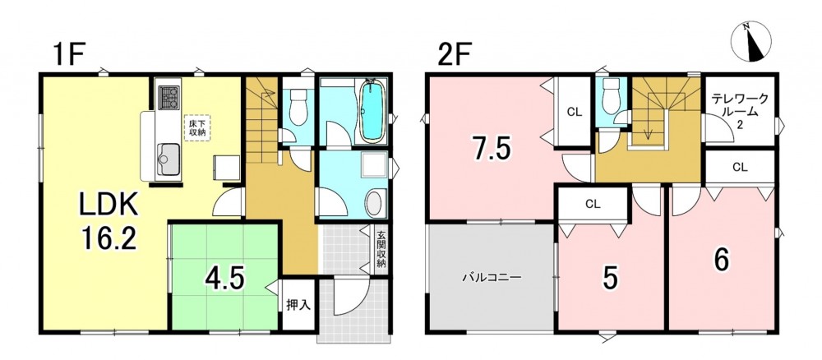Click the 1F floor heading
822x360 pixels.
click(68, 55)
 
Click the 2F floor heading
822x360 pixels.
click(454, 55)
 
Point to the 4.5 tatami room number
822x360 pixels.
click(226, 279)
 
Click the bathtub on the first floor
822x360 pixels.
click(372, 111)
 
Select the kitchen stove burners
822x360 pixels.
click(169, 98)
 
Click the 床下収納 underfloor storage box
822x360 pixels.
click(196, 127)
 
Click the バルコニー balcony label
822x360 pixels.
click(492, 277)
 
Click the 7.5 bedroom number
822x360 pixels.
click(492, 149)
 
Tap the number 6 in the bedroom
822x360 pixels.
click(722, 261)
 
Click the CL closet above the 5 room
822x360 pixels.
click(593, 204)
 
